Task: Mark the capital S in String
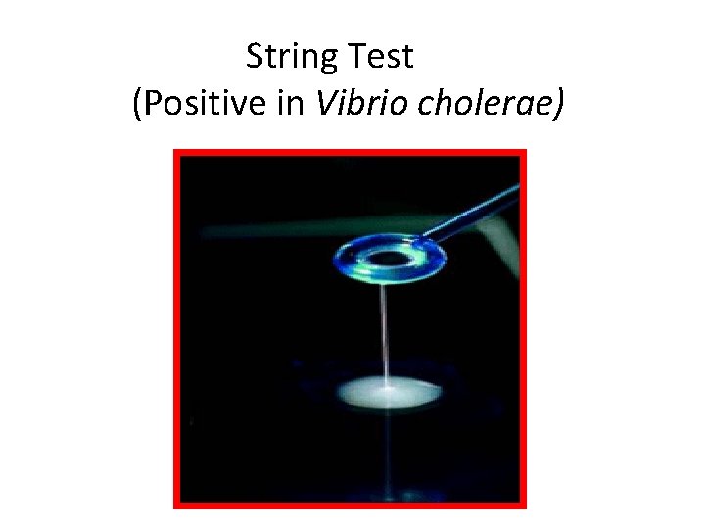tap(255, 57)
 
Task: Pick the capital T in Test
tap(355, 57)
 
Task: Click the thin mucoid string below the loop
tap(388, 333)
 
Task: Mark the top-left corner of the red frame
tap(176, 152)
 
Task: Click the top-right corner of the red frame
tap(524, 152)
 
